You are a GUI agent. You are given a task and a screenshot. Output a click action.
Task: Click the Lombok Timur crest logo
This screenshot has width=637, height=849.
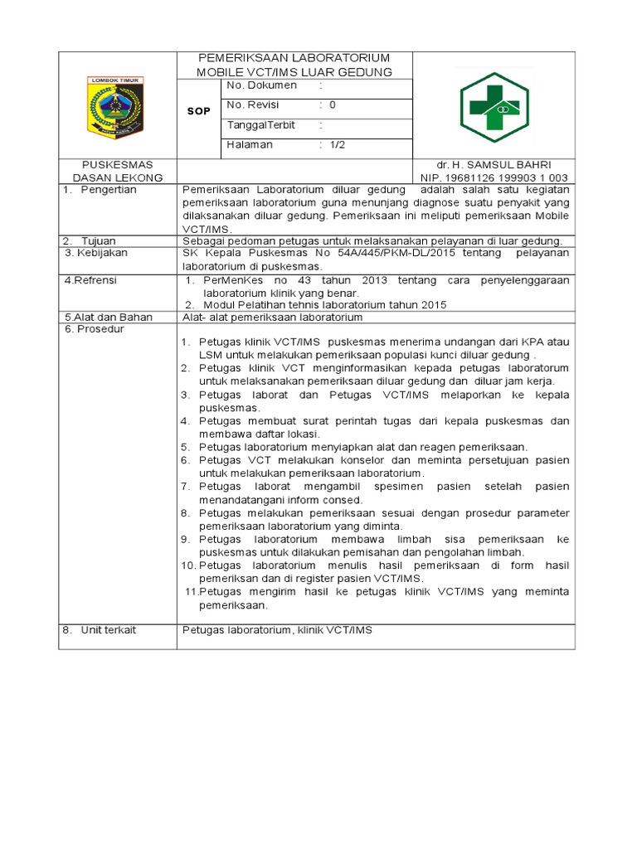[x=116, y=107]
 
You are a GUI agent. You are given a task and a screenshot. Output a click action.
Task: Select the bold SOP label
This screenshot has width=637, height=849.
[x=198, y=110]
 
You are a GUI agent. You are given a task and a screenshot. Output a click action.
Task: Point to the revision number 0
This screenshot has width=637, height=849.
[x=332, y=104]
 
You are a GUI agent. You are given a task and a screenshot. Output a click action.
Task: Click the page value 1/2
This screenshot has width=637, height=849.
[x=337, y=144]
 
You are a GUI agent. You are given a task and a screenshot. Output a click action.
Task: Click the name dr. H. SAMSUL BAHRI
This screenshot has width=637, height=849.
[x=494, y=165]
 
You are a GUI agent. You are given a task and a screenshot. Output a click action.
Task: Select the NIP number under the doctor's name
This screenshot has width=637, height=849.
[x=494, y=177]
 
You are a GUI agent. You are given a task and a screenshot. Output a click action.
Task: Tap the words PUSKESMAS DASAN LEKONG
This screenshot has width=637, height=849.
[x=117, y=172]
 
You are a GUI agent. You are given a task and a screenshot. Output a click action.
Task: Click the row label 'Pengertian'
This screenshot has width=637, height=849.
[x=108, y=190]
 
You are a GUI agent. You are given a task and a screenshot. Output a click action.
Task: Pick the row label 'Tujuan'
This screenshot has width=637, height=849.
[x=98, y=240]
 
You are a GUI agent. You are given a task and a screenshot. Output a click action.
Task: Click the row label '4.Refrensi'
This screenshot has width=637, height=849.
[x=90, y=280]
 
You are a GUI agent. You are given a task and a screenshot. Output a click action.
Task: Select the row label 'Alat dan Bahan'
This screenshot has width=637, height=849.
[x=103, y=317]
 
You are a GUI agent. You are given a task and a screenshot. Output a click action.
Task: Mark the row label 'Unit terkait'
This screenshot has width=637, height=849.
[x=108, y=630]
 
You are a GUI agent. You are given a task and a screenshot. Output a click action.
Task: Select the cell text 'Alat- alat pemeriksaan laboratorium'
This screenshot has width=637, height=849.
[x=273, y=317]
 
